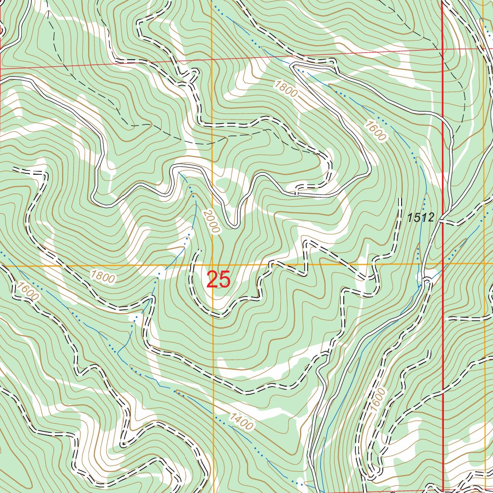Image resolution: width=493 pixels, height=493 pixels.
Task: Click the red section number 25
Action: click(219, 280)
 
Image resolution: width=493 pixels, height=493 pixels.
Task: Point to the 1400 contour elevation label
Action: click(241, 422)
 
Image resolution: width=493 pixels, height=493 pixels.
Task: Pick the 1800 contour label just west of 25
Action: click(103, 277)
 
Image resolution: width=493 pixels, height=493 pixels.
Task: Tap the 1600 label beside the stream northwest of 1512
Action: click(376, 130)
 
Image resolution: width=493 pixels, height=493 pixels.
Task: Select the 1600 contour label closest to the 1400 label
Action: click(378, 398)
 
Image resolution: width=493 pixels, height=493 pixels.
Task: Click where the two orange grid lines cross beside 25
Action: click(212, 265)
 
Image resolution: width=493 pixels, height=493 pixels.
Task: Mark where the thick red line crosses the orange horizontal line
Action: click(442, 264)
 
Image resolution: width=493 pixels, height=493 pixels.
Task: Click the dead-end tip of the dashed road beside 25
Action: click(198, 251)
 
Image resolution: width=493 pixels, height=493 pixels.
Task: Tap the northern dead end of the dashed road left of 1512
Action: click(400, 198)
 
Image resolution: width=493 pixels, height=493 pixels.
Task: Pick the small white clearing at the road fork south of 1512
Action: click(427, 277)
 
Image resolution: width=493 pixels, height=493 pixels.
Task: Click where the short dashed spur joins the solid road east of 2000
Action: click(297, 194)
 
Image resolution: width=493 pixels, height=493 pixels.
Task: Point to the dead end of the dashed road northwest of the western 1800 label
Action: click(14, 169)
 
